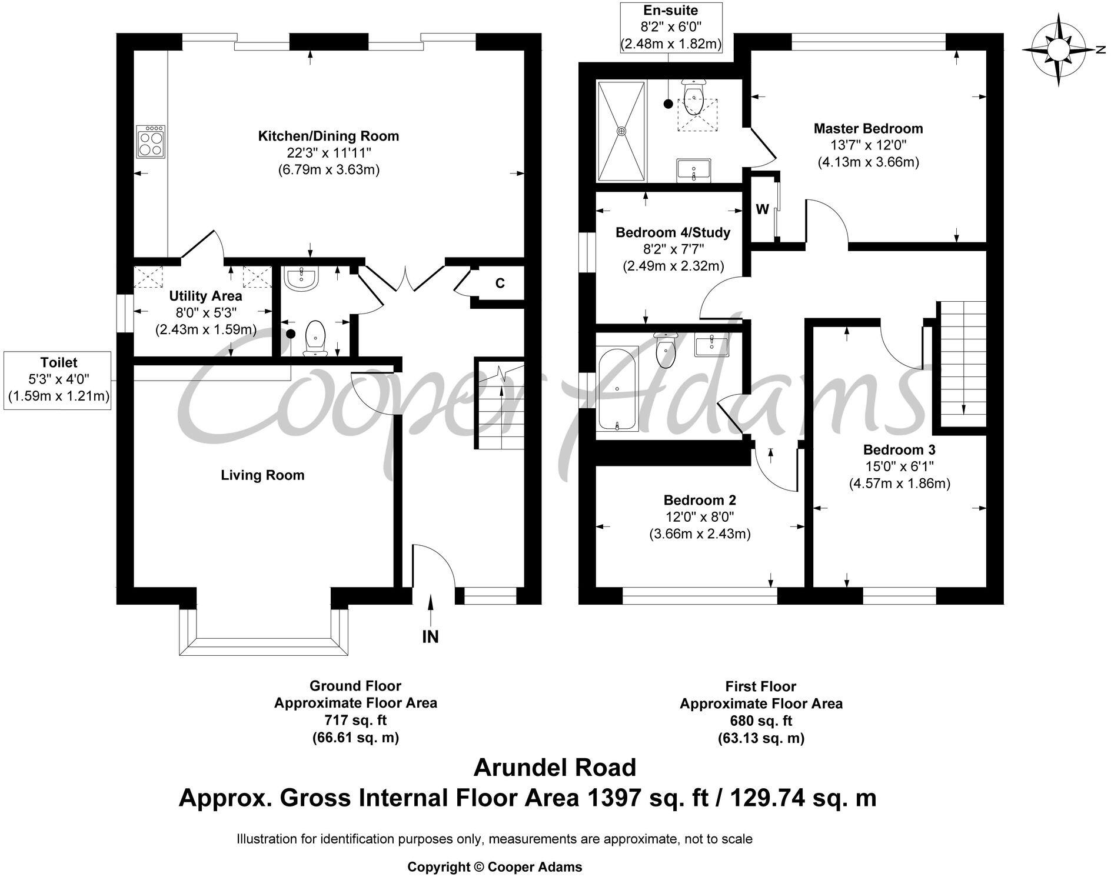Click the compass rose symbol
tap(1057, 52)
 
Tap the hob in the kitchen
tap(150, 142)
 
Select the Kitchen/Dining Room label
tap(328, 136)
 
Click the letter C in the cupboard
tap(500, 284)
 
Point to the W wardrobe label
tap(762, 209)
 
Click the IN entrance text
tap(430, 637)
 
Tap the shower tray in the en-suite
tap(621, 131)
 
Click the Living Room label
tap(262, 475)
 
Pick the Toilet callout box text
tap(59, 379)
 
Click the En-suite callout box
tap(670, 27)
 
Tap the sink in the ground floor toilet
tap(301, 278)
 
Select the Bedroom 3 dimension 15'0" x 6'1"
tap(899, 466)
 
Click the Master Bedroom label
tap(868, 129)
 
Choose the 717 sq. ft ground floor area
tap(355, 720)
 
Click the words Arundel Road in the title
tap(555, 768)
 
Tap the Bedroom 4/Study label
tap(673, 233)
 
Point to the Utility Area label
tap(205, 296)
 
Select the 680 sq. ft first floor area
tap(761, 721)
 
